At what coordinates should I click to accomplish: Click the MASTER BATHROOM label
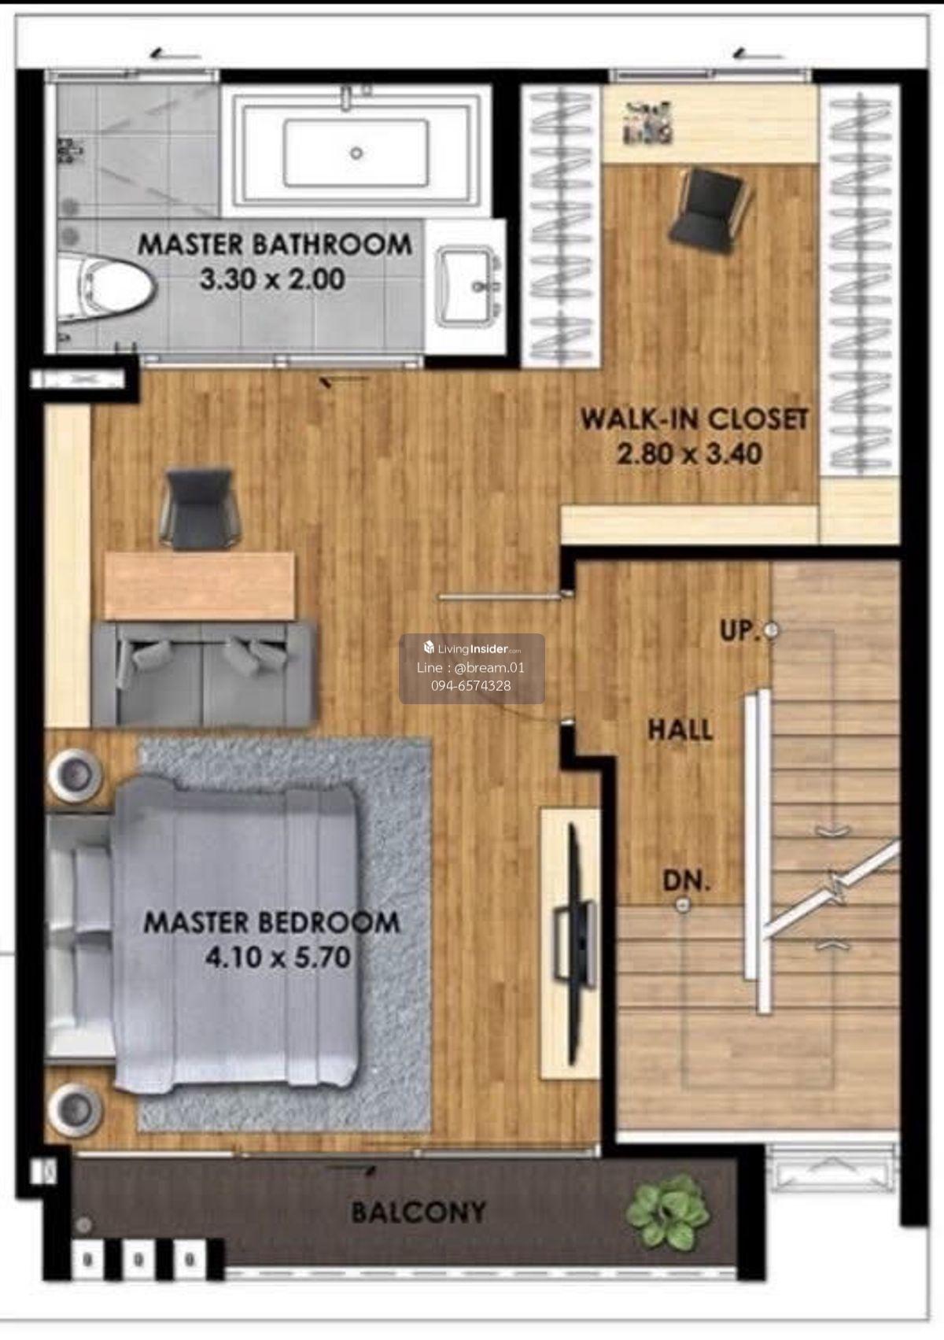pyautogui.click(x=275, y=245)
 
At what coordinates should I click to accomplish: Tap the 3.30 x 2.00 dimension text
pyautogui.click(x=272, y=279)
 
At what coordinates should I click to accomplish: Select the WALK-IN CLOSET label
pyautogui.click(x=695, y=419)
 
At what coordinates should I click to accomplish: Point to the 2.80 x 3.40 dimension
pyautogui.click(x=689, y=453)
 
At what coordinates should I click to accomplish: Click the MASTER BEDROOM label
pyautogui.click(x=271, y=922)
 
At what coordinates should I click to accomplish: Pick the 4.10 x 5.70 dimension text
pyautogui.click(x=278, y=957)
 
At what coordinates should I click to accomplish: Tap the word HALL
pyautogui.click(x=680, y=730)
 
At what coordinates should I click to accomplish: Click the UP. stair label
pyautogui.click(x=740, y=631)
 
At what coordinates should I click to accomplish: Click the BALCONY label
pyautogui.click(x=419, y=1213)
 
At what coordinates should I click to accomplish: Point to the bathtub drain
pyautogui.click(x=356, y=153)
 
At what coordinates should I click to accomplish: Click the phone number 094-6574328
pyautogui.click(x=471, y=686)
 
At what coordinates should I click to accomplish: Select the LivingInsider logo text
pyautogui.click(x=472, y=648)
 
